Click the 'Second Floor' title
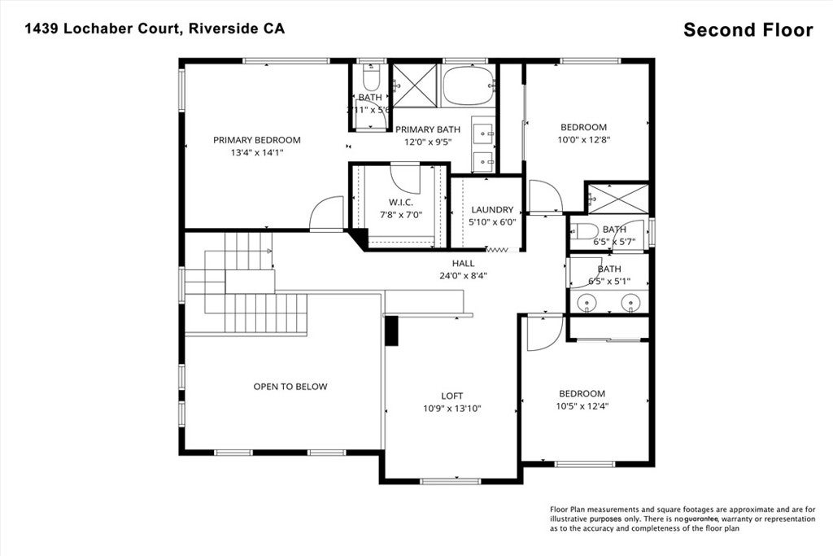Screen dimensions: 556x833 pyautogui.click(x=748, y=30)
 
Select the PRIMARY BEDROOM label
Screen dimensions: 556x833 pyautogui.click(x=257, y=139)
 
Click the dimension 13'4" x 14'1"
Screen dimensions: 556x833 pyautogui.click(x=257, y=151)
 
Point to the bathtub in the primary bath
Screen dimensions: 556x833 pyautogui.click(x=468, y=85)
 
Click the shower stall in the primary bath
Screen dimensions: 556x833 pyautogui.click(x=415, y=85)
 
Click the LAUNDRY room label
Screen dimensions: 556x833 pyautogui.click(x=491, y=209)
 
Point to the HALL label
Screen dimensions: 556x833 pyautogui.click(x=463, y=263)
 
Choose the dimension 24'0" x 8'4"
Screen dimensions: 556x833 pyautogui.click(x=463, y=275)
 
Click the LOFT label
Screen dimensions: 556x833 pyautogui.click(x=452, y=396)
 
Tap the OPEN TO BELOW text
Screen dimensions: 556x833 pyautogui.click(x=290, y=387)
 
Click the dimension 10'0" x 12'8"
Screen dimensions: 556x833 pyautogui.click(x=584, y=139)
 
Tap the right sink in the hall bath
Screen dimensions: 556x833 pyautogui.click(x=630, y=303)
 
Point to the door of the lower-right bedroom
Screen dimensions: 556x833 pyautogui.click(x=543, y=332)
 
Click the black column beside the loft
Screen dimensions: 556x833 pyautogui.click(x=390, y=331)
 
